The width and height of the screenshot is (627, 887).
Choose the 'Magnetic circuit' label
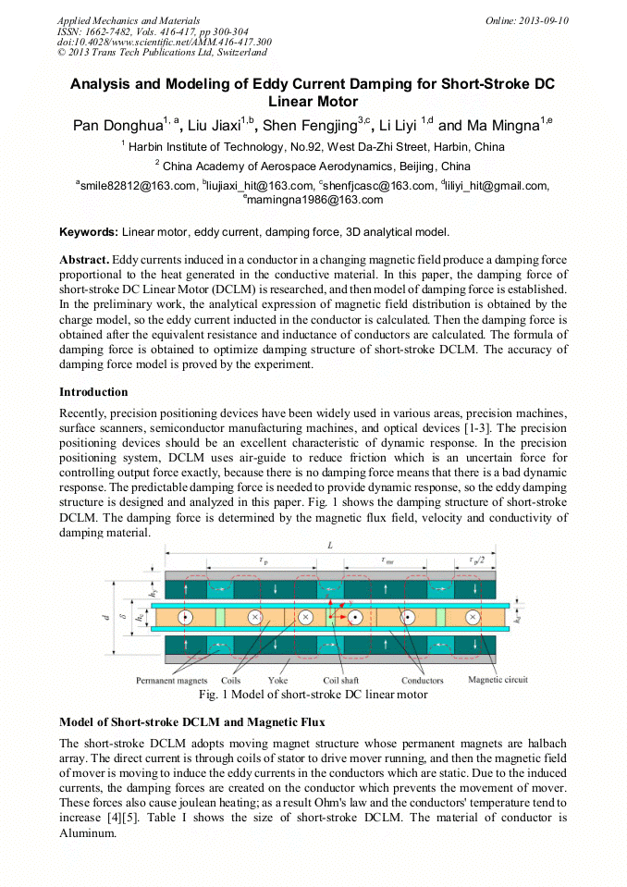pos(498,680)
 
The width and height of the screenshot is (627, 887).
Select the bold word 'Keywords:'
pos(89,231)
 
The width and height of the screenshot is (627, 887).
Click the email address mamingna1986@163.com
pos(314,200)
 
